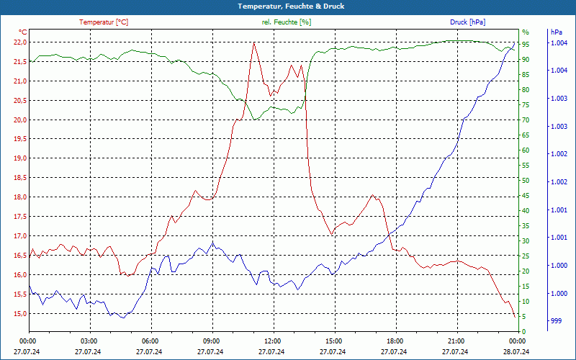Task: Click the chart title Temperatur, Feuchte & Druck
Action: point(288,6)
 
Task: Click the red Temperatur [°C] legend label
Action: point(104,22)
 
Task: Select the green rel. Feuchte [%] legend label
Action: point(287,22)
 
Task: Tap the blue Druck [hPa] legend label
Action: point(467,22)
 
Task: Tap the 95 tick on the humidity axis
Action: point(526,45)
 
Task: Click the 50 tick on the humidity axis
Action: point(526,181)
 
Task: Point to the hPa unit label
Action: point(556,32)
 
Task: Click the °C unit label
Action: point(22,32)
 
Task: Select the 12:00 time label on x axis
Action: point(273,341)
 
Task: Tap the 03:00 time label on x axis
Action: point(89,341)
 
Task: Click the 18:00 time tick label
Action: point(395,341)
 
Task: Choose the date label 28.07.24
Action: point(517,351)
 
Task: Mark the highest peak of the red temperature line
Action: point(254,42)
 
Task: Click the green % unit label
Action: point(525,32)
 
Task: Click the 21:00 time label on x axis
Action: point(456,341)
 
